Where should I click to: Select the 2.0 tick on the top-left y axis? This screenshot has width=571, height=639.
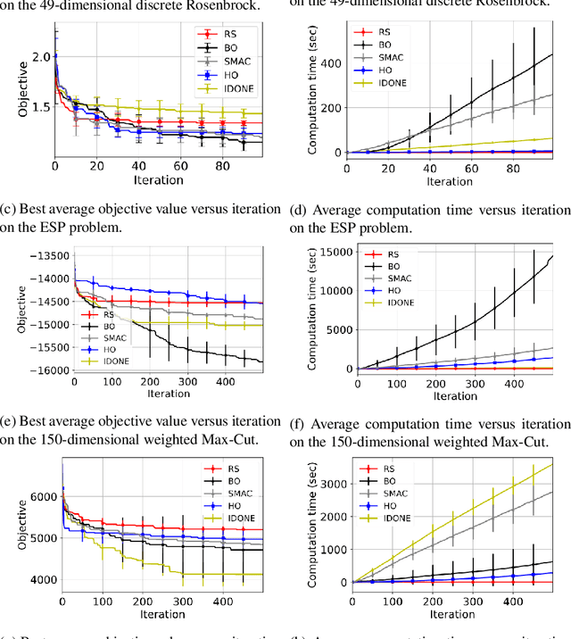coord(39,56)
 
